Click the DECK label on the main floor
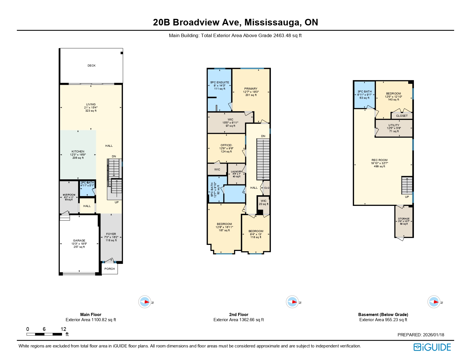click(91, 66)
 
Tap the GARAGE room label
click(79, 241)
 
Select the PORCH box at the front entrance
click(110, 269)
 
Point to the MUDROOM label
click(69, 195)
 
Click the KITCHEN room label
click(78, 152)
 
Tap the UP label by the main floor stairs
click(116, 202)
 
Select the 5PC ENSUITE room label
click(220, 83)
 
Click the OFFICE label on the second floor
click(226, 145)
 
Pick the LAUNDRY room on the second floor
click(236, 172)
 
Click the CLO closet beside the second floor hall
click(267, 188)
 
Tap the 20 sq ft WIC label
click(263, 202)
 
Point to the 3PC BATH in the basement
click(365, 92)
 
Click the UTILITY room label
click(394, 125)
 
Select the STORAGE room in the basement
click(404, 219)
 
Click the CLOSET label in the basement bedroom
click(402, 116)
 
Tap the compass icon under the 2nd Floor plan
click(292, 302)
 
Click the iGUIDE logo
click(432, 347)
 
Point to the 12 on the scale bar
click(63, 329)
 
